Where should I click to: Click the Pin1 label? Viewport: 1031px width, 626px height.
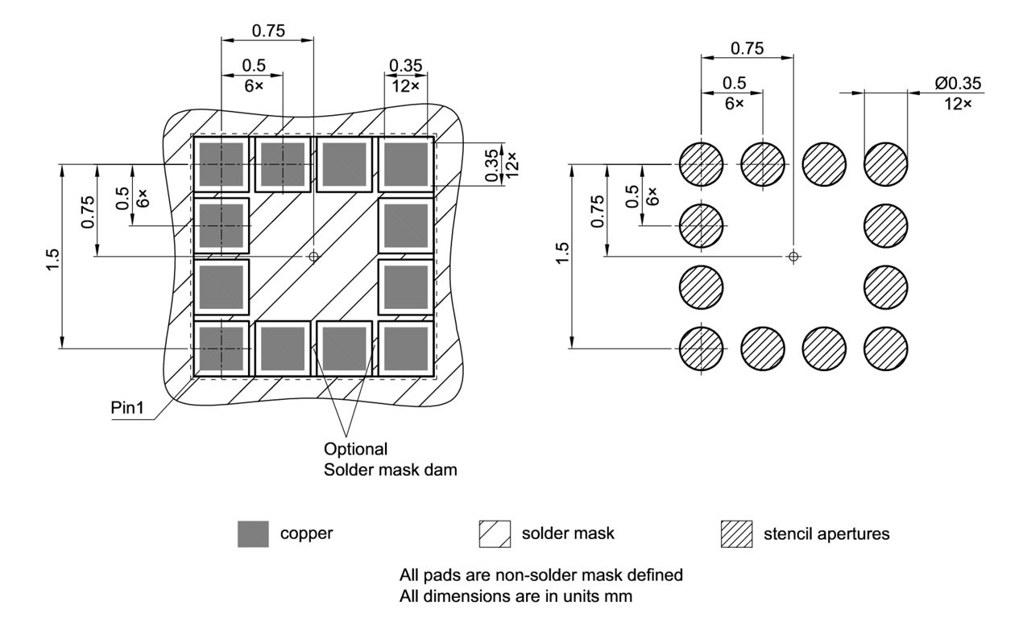point(127,407)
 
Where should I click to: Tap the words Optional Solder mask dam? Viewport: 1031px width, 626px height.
point(390,459)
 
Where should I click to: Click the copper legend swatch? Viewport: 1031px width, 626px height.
point(253,533)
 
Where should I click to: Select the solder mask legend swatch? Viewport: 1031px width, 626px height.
point(495,533)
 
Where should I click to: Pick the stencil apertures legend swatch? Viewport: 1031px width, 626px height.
point(736,533)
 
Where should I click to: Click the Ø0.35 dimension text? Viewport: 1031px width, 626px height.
point(958,83)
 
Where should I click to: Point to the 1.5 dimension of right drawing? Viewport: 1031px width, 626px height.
point(563,257)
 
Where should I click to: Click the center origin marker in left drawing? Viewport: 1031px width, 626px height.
point(313,256)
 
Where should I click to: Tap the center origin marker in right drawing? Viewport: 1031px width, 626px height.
point(793,256)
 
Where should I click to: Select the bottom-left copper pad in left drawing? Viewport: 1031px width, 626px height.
point(221,348)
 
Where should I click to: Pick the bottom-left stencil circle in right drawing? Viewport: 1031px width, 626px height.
point(702,348)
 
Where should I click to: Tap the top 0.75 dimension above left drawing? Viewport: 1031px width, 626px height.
point(268,31)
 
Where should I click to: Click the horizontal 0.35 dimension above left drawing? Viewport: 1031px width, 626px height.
point(405,64)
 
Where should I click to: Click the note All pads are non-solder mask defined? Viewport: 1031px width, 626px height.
point(541,575)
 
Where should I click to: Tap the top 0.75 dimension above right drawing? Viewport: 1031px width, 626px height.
point(747,48)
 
